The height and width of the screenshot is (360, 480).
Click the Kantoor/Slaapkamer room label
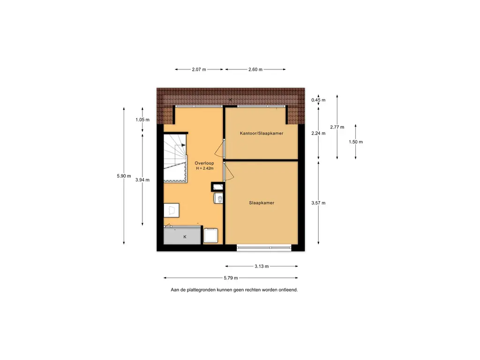tap(262, 133)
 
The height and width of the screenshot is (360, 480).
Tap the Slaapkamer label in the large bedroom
tap(262, 202)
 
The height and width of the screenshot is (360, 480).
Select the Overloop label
tap(204, 163)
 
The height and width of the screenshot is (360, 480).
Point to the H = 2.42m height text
tap(205, 168)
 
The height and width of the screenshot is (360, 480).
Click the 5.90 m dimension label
tap(124, 176)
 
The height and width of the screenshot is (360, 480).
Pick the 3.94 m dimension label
tap(142, 180)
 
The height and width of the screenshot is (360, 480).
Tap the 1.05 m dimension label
tap(142, 120)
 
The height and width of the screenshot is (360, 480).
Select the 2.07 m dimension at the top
tap(199, 69)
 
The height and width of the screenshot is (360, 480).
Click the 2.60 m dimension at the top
tap(255, 69)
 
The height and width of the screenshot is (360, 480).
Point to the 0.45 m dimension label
tap(318, 100)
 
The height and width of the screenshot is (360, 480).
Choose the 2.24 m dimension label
tap(318, 133)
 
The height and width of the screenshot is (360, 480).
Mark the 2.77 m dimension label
tap(337, 127)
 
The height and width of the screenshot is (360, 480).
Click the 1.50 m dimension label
tap(356, 142)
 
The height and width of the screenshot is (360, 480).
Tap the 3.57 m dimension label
tap(318, 202)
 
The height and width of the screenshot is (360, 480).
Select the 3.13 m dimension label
tap(262, 266)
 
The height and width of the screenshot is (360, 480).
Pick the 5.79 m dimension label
tap(231, 278)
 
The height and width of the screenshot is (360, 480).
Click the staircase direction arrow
tap(183, 145)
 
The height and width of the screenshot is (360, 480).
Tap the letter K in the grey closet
tap(185, 237)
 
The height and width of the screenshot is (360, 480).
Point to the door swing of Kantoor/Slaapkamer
tap(219, 149)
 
